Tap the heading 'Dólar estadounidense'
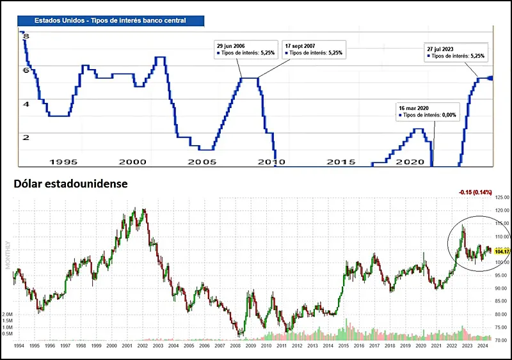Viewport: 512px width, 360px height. point(70,184)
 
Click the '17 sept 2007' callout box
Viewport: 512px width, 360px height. point(314,50)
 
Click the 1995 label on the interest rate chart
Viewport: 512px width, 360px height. point(64,162)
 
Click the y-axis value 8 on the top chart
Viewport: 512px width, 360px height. point(26,38)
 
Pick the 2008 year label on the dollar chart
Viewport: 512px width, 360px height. point(235,345)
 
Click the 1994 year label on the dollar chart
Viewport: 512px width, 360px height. point(20,345)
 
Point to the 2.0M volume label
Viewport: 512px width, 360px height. point(8,315)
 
